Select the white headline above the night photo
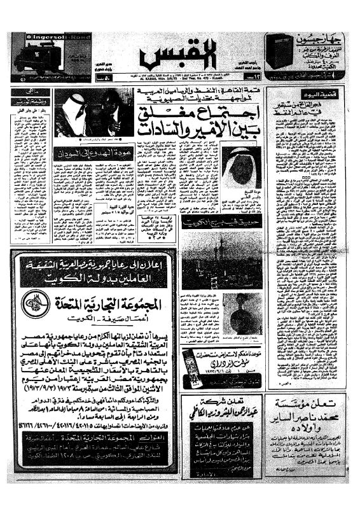tap(216, 223)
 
